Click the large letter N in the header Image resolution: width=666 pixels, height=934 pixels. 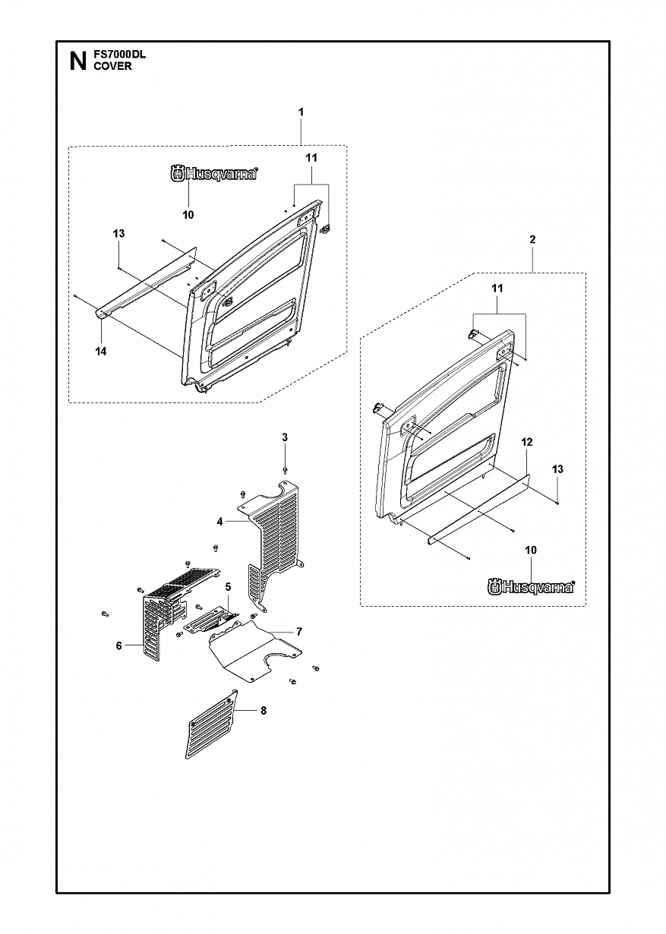coord(78,62)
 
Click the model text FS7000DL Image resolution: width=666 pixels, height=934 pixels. coord(120,55)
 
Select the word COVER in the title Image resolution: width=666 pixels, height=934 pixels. coord(112,66)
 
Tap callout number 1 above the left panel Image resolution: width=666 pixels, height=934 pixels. coord(301,112)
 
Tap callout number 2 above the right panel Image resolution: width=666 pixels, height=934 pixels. coord(532,239)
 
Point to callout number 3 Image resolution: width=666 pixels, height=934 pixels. coord(285,437)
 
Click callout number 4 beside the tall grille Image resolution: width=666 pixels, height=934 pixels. coord(219,521)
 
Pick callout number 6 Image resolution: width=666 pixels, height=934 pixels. coord(119,646)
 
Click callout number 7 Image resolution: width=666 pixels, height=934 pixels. coord(298,632)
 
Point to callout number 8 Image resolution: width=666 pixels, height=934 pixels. coord(264,711)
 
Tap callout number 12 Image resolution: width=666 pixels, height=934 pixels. coord(527,442)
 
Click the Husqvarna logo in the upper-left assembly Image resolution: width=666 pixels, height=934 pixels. coord(214,173)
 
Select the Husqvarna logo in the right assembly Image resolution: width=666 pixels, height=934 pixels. coord(532,587)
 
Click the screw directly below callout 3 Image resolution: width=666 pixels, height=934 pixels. coord(285,470)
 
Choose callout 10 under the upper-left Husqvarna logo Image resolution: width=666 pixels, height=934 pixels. coord(188,215)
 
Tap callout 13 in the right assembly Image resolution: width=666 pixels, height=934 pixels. coord(557,469)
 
